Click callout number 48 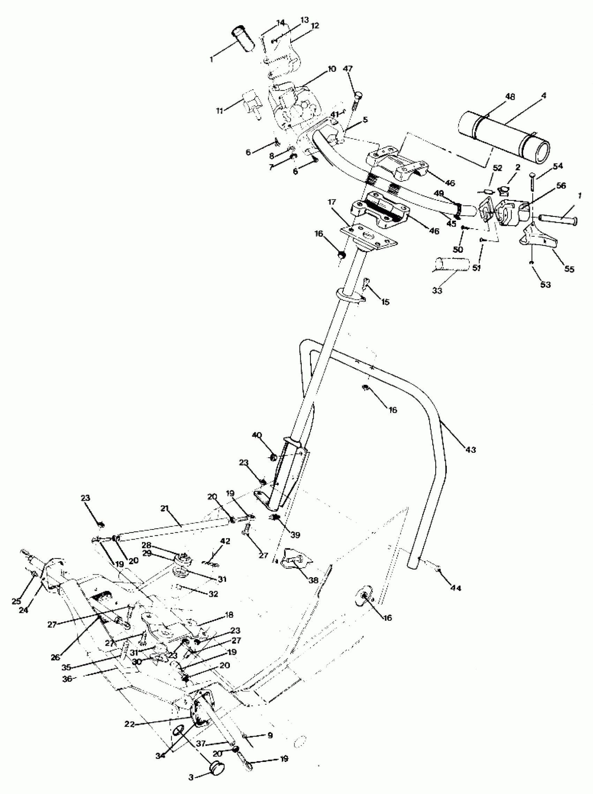[x=510, y=97]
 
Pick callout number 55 [x=569, y=269]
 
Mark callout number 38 [x=313, y=581]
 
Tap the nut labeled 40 [x=273, y=457]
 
